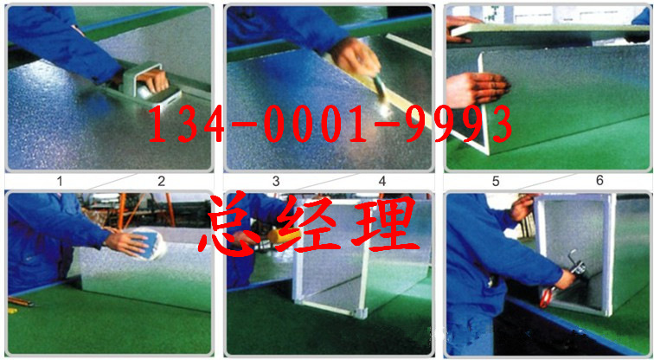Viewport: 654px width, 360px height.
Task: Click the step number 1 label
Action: coord(60,182)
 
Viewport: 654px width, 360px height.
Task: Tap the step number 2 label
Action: coord(162,181)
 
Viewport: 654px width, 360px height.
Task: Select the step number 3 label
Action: coord(276,181)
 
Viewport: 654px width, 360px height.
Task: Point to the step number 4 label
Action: coord(382,181)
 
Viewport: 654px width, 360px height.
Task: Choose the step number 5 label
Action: coord(496,181)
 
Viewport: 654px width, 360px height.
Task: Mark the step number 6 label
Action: coord(599,180)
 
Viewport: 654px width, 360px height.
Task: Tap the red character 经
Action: coord(307,224)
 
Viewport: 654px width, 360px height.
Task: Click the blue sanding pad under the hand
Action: coord(150,243)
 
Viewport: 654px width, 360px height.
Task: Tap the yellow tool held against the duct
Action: coord(284,236)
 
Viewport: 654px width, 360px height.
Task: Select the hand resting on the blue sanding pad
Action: coord(127,243)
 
